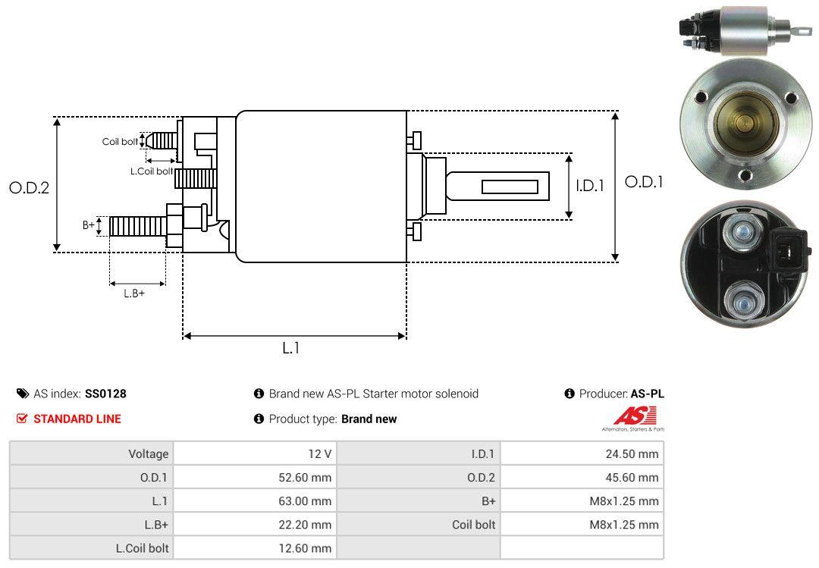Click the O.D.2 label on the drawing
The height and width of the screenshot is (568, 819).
tap(30, 187)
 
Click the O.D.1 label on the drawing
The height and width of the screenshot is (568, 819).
tap(644, 182)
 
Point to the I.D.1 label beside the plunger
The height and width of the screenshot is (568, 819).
tap(590, 186)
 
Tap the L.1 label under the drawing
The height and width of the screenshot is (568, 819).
tap(291, 348)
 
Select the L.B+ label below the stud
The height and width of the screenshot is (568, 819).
tap(134, 293)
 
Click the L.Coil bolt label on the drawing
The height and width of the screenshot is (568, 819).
tap(152, 171)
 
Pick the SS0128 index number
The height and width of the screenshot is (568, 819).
tap(105, 394)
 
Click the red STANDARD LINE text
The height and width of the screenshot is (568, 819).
tap(77, 419)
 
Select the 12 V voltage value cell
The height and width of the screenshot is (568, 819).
tap(255, 453)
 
